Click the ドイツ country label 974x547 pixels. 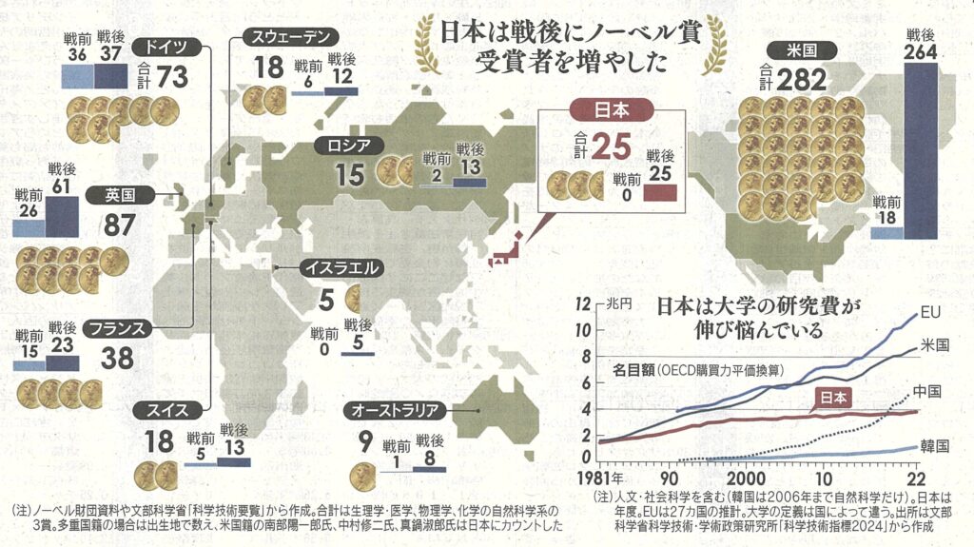(x=166, y=47)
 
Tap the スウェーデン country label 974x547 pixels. (x=288, y=38)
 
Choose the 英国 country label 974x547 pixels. (x=119, y=196)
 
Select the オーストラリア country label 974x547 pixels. (x=395, y=410)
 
